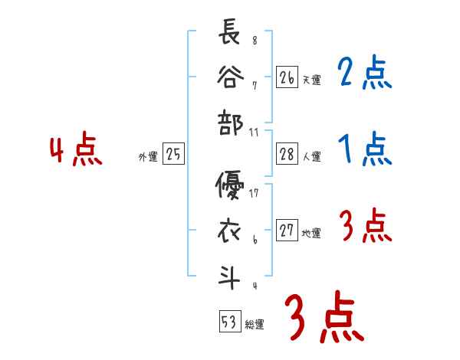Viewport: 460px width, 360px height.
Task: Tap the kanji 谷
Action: tap(230, 79)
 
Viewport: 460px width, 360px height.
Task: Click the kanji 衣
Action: tap(230, 230)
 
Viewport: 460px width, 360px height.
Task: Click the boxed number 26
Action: tap(287, 77)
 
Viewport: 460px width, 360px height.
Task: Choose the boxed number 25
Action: tap(173, 155)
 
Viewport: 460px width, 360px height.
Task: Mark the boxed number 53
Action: tap(228, 322)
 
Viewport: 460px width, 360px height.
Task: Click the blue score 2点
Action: tap(365, 74)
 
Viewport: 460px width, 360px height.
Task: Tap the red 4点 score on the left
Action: tap(75, 150)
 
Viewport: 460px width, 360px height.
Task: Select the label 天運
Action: tap(311, 80)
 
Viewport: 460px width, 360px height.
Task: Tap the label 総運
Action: tap(255, 325)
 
